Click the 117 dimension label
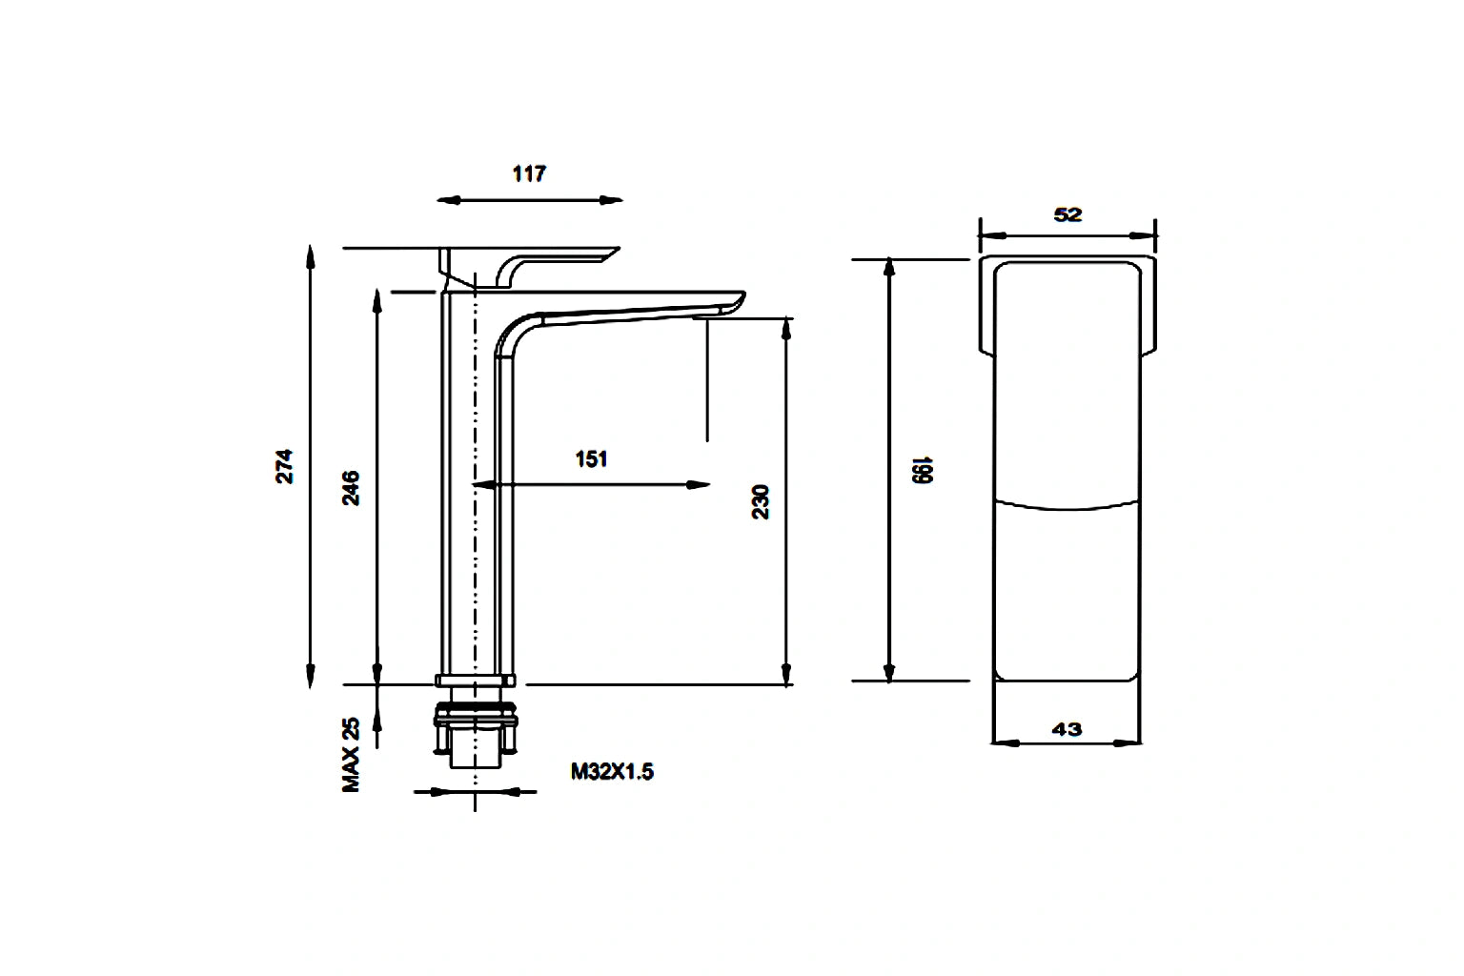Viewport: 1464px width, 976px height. pyautogui.click(x=529, y=173)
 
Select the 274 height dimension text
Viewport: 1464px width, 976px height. pyautogui.click(x=285, y=466)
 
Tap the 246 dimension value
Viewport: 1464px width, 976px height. pyautogui.click(x=351, y=487)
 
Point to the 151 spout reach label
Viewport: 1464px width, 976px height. pyautogui.click(x=591, y=459)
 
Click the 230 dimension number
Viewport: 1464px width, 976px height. pyautogui.click(x=761, y=501)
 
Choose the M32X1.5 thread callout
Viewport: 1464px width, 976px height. pyautogui.click(x=612, y=772)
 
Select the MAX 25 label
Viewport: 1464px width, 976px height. pyautogui.click(x=352, y=755)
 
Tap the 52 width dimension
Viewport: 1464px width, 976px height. pyautogui.click(x=1067, y=214)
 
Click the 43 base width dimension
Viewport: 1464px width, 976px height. pyautogui.click(x=1067, y=729)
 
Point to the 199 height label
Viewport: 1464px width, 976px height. pyautogui.click(x=921, y=470)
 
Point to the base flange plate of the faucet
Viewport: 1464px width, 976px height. pyautogui.click(x=476, y=680)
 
